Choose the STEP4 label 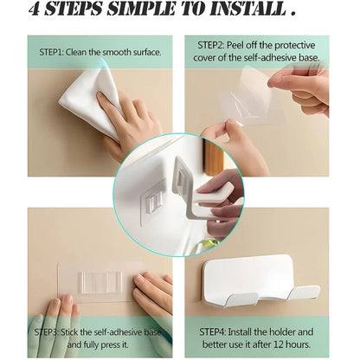217,331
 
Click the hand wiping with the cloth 130,125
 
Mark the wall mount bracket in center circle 154,206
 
